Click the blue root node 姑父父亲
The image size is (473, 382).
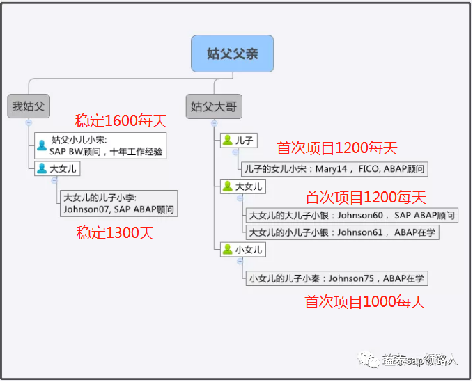coord(232,54)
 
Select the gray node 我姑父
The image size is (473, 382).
coord(29,106)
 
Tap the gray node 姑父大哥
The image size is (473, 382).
coord(214,106)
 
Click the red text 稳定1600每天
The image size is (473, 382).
coord(121,120)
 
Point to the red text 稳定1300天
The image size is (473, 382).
coord(115,233)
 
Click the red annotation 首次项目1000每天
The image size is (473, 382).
coord(365,301)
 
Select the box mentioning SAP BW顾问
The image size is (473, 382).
coord(100,145)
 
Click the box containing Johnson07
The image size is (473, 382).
coord(119,203)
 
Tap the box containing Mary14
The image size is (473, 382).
coord(334,168)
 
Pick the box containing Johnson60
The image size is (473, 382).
coord(352,216)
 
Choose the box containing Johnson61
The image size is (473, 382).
coord(342,232)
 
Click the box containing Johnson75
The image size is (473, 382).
coord(337,278)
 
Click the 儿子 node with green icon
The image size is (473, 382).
coord(239,141)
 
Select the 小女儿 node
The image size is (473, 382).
coord(243,249)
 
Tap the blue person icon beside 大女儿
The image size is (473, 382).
coord(42,168)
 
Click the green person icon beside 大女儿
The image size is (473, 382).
coord(228,186)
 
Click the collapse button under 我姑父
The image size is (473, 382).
coord(29,122)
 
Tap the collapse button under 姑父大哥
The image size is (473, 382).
coord(214,123)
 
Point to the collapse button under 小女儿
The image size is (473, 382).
coord(240,261)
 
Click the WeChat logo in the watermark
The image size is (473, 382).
coord(369,360)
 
